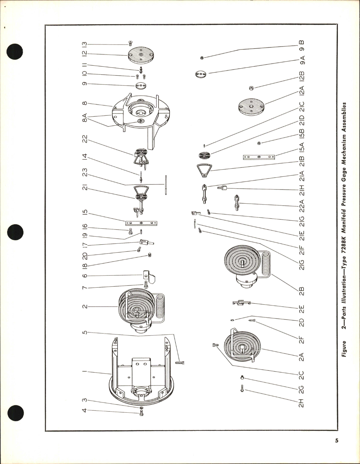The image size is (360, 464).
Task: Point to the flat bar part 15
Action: click(x=141, y=223)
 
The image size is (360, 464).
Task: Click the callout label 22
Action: click(x=84, y=140)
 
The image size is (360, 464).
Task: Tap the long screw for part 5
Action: click(x=180, y=362)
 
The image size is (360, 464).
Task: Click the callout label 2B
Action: click(x=302, y=291)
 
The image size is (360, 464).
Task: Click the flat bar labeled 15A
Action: click(x=259, y=157)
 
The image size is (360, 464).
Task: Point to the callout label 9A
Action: click(x=302, y=61)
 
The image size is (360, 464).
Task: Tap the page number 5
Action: click(x=336, y=448)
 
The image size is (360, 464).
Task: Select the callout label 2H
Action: click(x=302, y=403)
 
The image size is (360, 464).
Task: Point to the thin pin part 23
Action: click(x=165, y=185)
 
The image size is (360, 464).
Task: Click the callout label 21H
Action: click(x=302, y=190)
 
